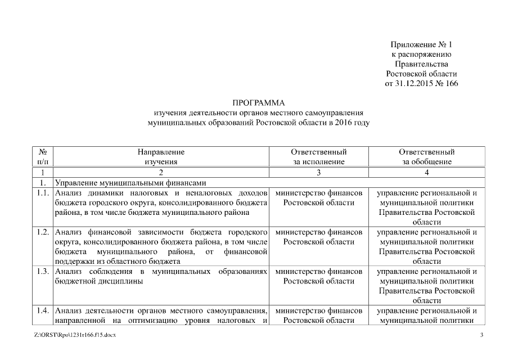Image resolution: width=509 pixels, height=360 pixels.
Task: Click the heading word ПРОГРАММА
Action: click(259, 103)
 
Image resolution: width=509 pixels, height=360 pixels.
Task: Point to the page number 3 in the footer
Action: click(481, 335)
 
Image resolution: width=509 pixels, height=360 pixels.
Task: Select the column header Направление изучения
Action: click(161, 156)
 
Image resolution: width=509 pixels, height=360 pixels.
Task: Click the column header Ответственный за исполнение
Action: click(318, 156)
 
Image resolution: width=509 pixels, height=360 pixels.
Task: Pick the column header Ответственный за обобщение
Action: click(427, 156)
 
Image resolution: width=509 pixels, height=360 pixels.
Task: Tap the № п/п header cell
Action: click(43, 156)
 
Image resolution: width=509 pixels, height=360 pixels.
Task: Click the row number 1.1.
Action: click(43, 193)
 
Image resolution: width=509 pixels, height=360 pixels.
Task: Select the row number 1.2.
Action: click(43, 232)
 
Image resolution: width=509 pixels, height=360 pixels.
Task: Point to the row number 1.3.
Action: click(43, 272)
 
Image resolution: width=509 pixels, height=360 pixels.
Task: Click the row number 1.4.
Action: click(43, 310)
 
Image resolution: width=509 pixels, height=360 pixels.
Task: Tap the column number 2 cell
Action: click(161, 172)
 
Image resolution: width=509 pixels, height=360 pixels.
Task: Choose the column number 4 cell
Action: click(427, 172)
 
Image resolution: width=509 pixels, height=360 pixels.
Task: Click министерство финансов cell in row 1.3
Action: click(319, 272)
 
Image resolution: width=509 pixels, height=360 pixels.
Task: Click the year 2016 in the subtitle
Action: click(344, 122)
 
